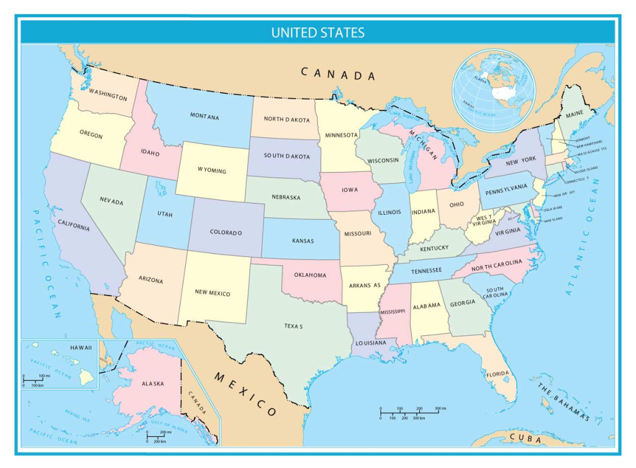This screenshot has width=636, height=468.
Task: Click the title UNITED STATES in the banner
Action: [x=317, y=32]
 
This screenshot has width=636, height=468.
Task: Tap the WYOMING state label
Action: [x=212, y=171]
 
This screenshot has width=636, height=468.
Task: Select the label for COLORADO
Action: [x=225, y=233]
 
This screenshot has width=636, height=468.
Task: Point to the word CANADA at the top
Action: [x=338, y=74]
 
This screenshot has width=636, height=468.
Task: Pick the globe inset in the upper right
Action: [x=494, y=91]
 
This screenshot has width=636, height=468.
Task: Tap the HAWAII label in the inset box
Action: [x=81, y=348]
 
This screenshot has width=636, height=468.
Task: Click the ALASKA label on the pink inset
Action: [x=152, y=384]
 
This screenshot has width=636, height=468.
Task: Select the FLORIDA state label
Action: [x=497, y=374]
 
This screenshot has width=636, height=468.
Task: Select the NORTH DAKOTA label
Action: [x=286, y=119]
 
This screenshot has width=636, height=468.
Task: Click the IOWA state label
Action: [x=349, y=190]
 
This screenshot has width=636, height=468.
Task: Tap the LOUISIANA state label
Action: [x=371, y=343]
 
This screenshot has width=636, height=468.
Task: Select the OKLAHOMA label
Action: [x=310, y=275]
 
